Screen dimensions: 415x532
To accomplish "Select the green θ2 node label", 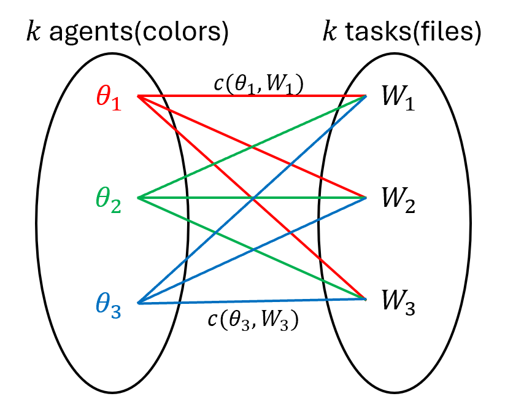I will (109, 200).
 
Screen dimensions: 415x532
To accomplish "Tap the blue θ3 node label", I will (109, 305).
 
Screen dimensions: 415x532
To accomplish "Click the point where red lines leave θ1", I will (138, 96).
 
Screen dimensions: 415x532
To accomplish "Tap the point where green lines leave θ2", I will (138, 198).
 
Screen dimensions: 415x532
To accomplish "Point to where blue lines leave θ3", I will (139, 303).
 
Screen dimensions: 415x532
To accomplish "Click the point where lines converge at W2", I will (366, 198).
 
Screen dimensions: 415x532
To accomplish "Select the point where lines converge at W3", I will (366, 299).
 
